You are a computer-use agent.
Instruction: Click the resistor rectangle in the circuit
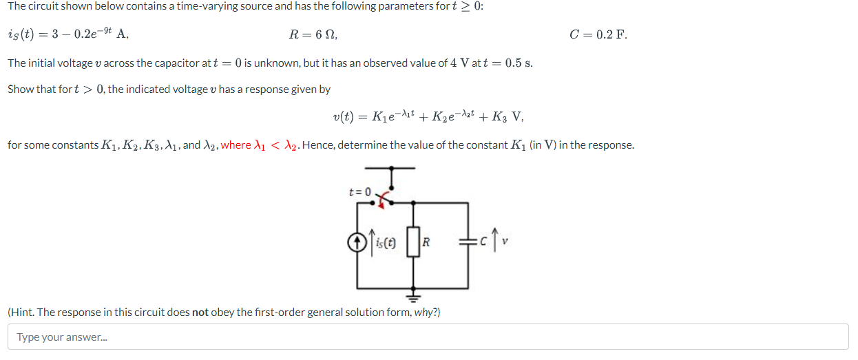click(x=413, y=242)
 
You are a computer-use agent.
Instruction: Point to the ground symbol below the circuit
click(x=413, y=297)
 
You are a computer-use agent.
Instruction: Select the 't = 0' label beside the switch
click(x=359, y=191)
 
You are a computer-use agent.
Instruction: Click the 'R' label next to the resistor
click(x=427, y=242)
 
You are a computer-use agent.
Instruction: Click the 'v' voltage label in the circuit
click(x=506, y=242)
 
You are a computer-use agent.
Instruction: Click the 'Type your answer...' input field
click(x=428, y=337)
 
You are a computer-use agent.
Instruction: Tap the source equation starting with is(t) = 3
click(x=67, y=34)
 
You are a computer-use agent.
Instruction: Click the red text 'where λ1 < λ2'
click(x=260, y=145)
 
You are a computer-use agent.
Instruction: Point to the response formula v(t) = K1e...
click(x=428, y=117)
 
